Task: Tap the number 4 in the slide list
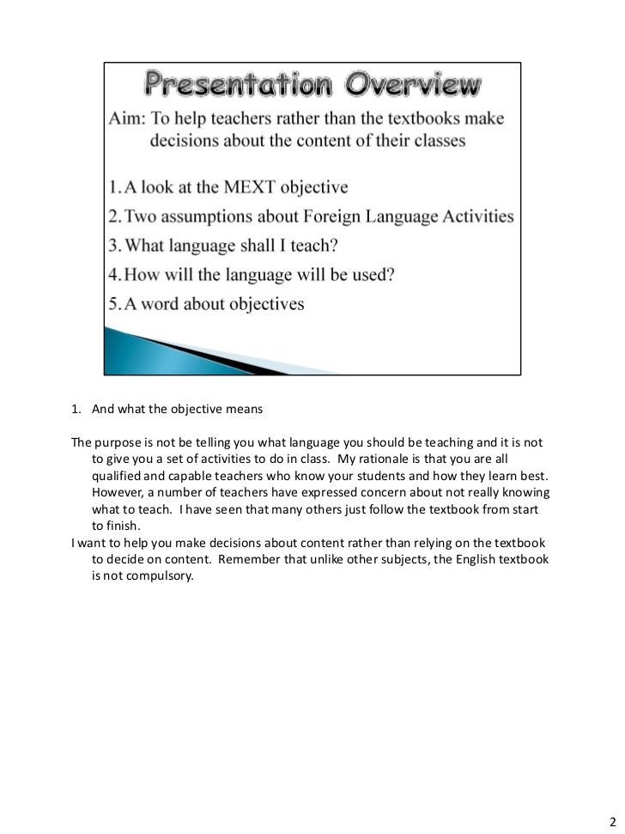(115, 276)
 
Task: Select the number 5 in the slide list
(115, 305)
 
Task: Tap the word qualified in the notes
(116, 476)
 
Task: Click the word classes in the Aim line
(435, 141)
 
